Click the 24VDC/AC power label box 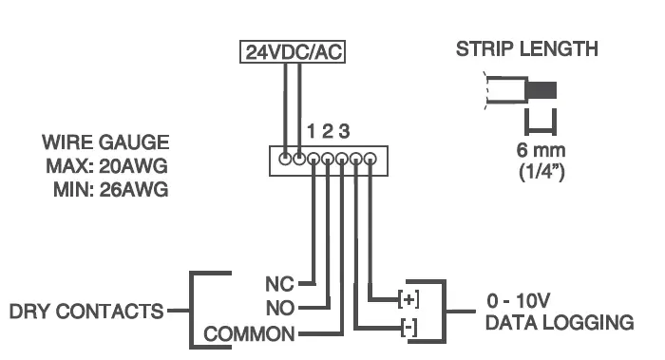point(292,53)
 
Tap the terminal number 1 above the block point(310,130)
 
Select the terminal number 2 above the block point(326,130)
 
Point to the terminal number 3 point(343,130)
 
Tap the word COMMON point(250,334)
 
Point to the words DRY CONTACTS point(85,311)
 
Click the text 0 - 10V point(519,301)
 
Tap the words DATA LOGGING point(559,323)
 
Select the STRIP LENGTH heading point(527,49)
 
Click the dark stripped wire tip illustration point(541,93)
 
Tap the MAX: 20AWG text point(115,165)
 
